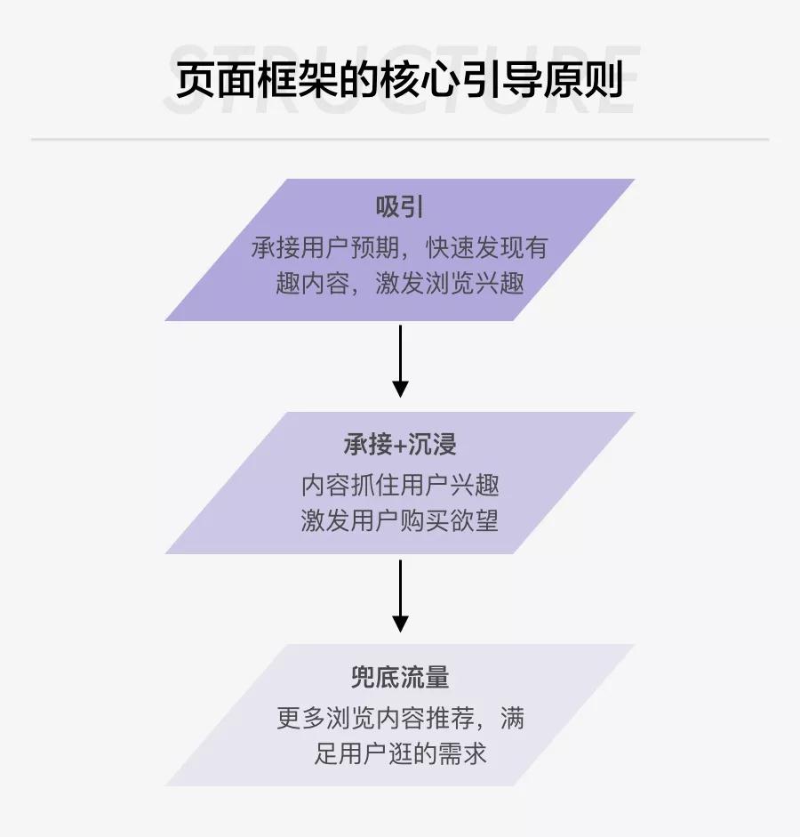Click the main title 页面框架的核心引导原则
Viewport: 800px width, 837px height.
399,81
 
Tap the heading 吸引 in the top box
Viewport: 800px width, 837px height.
400,207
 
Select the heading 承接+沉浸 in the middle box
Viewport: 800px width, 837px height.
400,444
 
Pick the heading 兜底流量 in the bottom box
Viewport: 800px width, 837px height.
400,677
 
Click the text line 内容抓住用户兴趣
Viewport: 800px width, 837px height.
400,485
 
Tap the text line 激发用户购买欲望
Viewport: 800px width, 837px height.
400,520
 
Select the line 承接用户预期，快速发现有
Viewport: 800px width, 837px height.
400,247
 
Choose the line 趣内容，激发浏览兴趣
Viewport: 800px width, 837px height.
400,284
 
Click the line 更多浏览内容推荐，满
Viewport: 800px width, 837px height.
400,717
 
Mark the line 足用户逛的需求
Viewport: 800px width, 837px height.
400,754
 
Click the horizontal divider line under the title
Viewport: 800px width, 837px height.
400,140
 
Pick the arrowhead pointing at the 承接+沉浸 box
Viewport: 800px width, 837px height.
400,389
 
